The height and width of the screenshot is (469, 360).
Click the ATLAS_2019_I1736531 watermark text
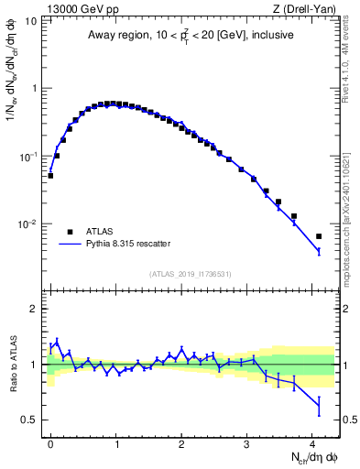191,274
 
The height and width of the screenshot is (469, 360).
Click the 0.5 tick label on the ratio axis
30,420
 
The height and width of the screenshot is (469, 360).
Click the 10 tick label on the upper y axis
30,20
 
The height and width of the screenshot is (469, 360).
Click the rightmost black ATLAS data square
319,236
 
